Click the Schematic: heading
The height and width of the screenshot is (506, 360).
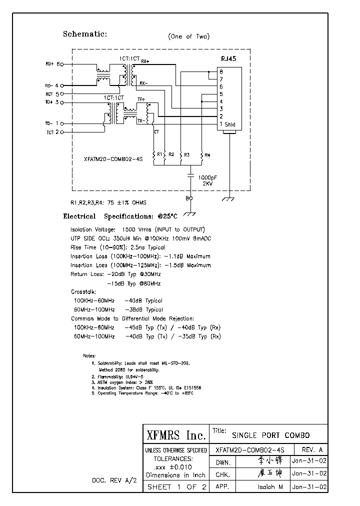[x=84, y=34]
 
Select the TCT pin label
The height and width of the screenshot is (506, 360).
[x=49, y=132]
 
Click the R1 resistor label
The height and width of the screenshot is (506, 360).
[x=159, y=154]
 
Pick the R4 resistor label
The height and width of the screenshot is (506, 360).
[x=207, y=155]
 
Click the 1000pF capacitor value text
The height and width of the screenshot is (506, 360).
[x=207, y=177]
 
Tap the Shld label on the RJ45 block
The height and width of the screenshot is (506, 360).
[x=229, y=124]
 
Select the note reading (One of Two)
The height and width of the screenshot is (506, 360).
[x=189, y=36]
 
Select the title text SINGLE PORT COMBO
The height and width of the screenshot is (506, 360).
[x=271, y=435]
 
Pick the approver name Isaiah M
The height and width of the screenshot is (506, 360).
[x=270, y=486]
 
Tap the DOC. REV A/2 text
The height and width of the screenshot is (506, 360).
[x=114, y=480]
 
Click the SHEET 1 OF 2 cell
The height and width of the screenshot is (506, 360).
[x=175, y=487]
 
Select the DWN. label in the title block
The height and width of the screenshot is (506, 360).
[x=222, y=462]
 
